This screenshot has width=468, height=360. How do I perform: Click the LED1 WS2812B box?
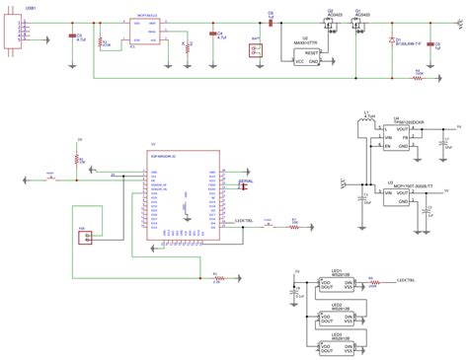338,285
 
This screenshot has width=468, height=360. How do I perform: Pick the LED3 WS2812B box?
338,347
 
